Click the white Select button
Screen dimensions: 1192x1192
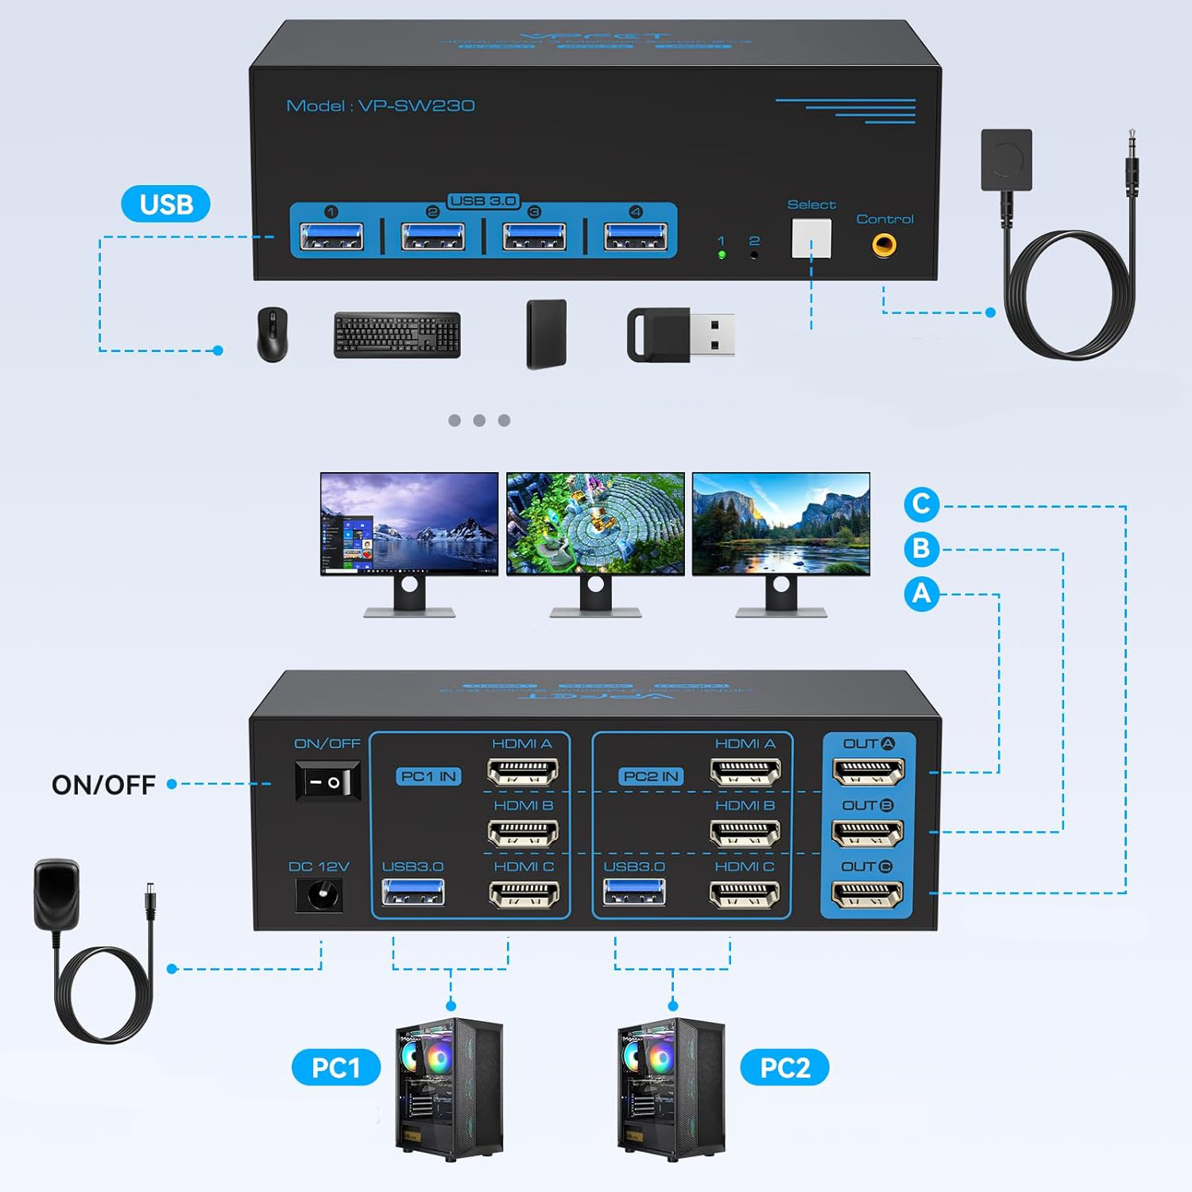pos(811,238)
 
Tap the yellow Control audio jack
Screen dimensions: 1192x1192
pos(884,243)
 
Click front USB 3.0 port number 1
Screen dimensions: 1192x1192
pos(331,237)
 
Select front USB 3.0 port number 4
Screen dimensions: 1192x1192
pos(635,237)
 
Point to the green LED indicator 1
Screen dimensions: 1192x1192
pos(722,255)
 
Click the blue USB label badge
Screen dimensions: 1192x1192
pos(166,204)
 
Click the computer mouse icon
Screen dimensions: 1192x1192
pos(273,335)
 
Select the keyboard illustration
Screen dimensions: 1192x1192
pos(397,335)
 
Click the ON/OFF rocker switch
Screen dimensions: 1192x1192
pos(327,781)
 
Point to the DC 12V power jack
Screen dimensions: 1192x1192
pos(319,896)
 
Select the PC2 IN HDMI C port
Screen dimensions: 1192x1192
pos(745,895)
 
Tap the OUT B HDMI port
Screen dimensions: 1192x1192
pos(867,833)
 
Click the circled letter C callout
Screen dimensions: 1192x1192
pos(921,504)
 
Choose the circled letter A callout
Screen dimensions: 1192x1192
pos(921,593)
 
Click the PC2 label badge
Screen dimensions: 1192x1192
pos(784,1067)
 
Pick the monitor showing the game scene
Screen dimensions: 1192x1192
pos(595,524)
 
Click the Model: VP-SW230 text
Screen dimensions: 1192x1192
pos(381,106)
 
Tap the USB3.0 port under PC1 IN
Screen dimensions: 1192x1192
pos(412,893)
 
